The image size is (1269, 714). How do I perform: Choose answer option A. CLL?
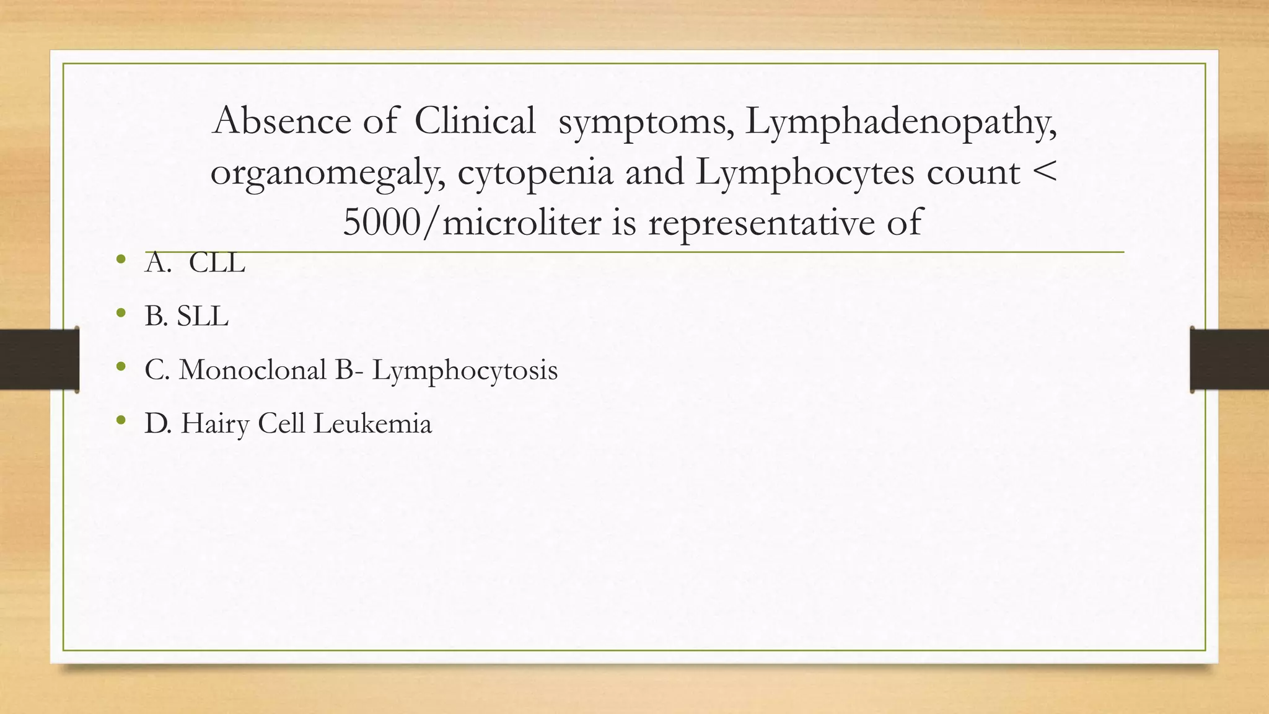(x=195, y=263)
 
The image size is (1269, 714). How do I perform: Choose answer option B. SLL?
(x=187, y=316)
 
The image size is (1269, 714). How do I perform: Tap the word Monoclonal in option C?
(x=252, y=370)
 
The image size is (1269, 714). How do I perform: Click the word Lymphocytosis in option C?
(x=465, y=371)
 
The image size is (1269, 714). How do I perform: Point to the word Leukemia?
(x=372, y=424)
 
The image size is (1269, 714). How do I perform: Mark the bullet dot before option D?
(x=121, y=421)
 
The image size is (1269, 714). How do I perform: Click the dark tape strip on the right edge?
(x=1229, y=359)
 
